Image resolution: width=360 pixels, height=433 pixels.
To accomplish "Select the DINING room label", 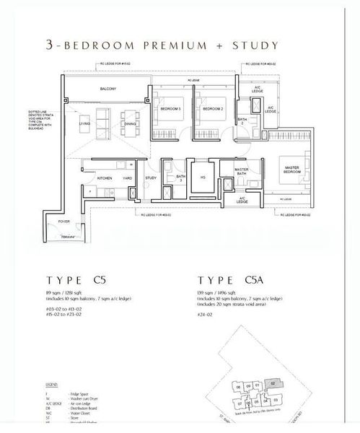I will point(130,123).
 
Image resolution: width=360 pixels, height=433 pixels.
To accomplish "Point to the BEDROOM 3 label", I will point(170,108).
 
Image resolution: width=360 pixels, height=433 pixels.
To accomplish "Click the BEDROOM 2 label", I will point(211,108).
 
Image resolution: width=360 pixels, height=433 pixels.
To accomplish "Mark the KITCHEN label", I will point(105,177).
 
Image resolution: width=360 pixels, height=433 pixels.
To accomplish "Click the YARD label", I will point(126,177).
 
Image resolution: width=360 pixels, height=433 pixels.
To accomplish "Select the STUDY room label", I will point(151,177).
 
